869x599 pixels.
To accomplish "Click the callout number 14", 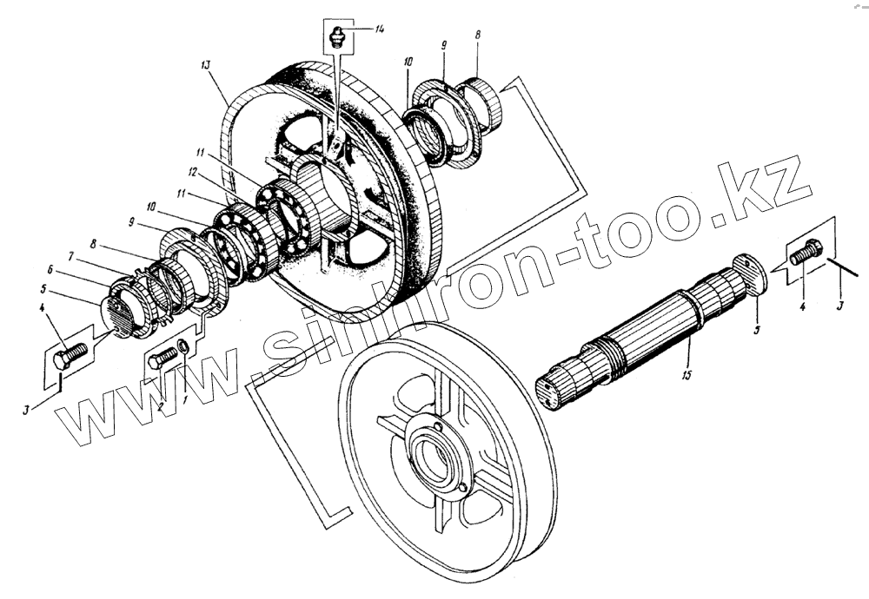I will point(381,30).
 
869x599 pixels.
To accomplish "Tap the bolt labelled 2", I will point(162,359).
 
